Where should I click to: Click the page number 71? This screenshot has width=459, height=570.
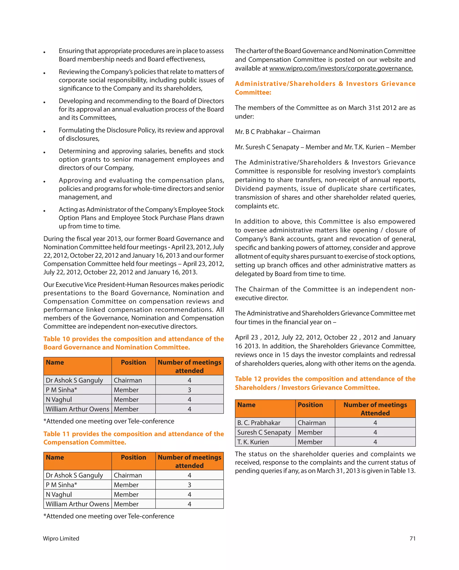coord(412,538)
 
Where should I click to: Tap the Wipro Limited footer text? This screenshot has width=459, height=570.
coord(61,538)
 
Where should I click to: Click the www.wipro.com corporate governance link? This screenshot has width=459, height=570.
coord(341,69)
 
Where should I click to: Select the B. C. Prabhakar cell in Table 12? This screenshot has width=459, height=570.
coord(259,423)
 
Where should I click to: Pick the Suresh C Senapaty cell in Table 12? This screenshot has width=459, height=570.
coord(264,432)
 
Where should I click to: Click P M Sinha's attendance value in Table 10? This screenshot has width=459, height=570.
coord(189,390)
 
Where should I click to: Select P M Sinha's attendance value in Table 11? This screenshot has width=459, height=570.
coord(189,485)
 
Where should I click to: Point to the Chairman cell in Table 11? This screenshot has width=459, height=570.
coord(128,475)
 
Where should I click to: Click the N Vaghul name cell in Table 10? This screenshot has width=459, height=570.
coord(59,399)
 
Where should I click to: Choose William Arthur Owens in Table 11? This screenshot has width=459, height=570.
coord(77,504)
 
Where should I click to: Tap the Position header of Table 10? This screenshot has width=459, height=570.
coord(133,362)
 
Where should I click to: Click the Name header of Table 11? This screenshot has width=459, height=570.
coord(55,457)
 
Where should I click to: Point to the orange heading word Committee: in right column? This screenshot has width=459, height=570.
coord(253,92)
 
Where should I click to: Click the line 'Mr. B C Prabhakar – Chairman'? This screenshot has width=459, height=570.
coord(277,132)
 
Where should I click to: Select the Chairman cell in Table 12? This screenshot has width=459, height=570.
coord(312,423)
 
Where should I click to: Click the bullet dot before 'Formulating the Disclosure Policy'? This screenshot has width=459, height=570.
coord(44,131)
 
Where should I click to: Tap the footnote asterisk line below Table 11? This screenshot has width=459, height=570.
coord(109,516)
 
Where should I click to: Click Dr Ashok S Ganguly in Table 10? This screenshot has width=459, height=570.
coord(74,380)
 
